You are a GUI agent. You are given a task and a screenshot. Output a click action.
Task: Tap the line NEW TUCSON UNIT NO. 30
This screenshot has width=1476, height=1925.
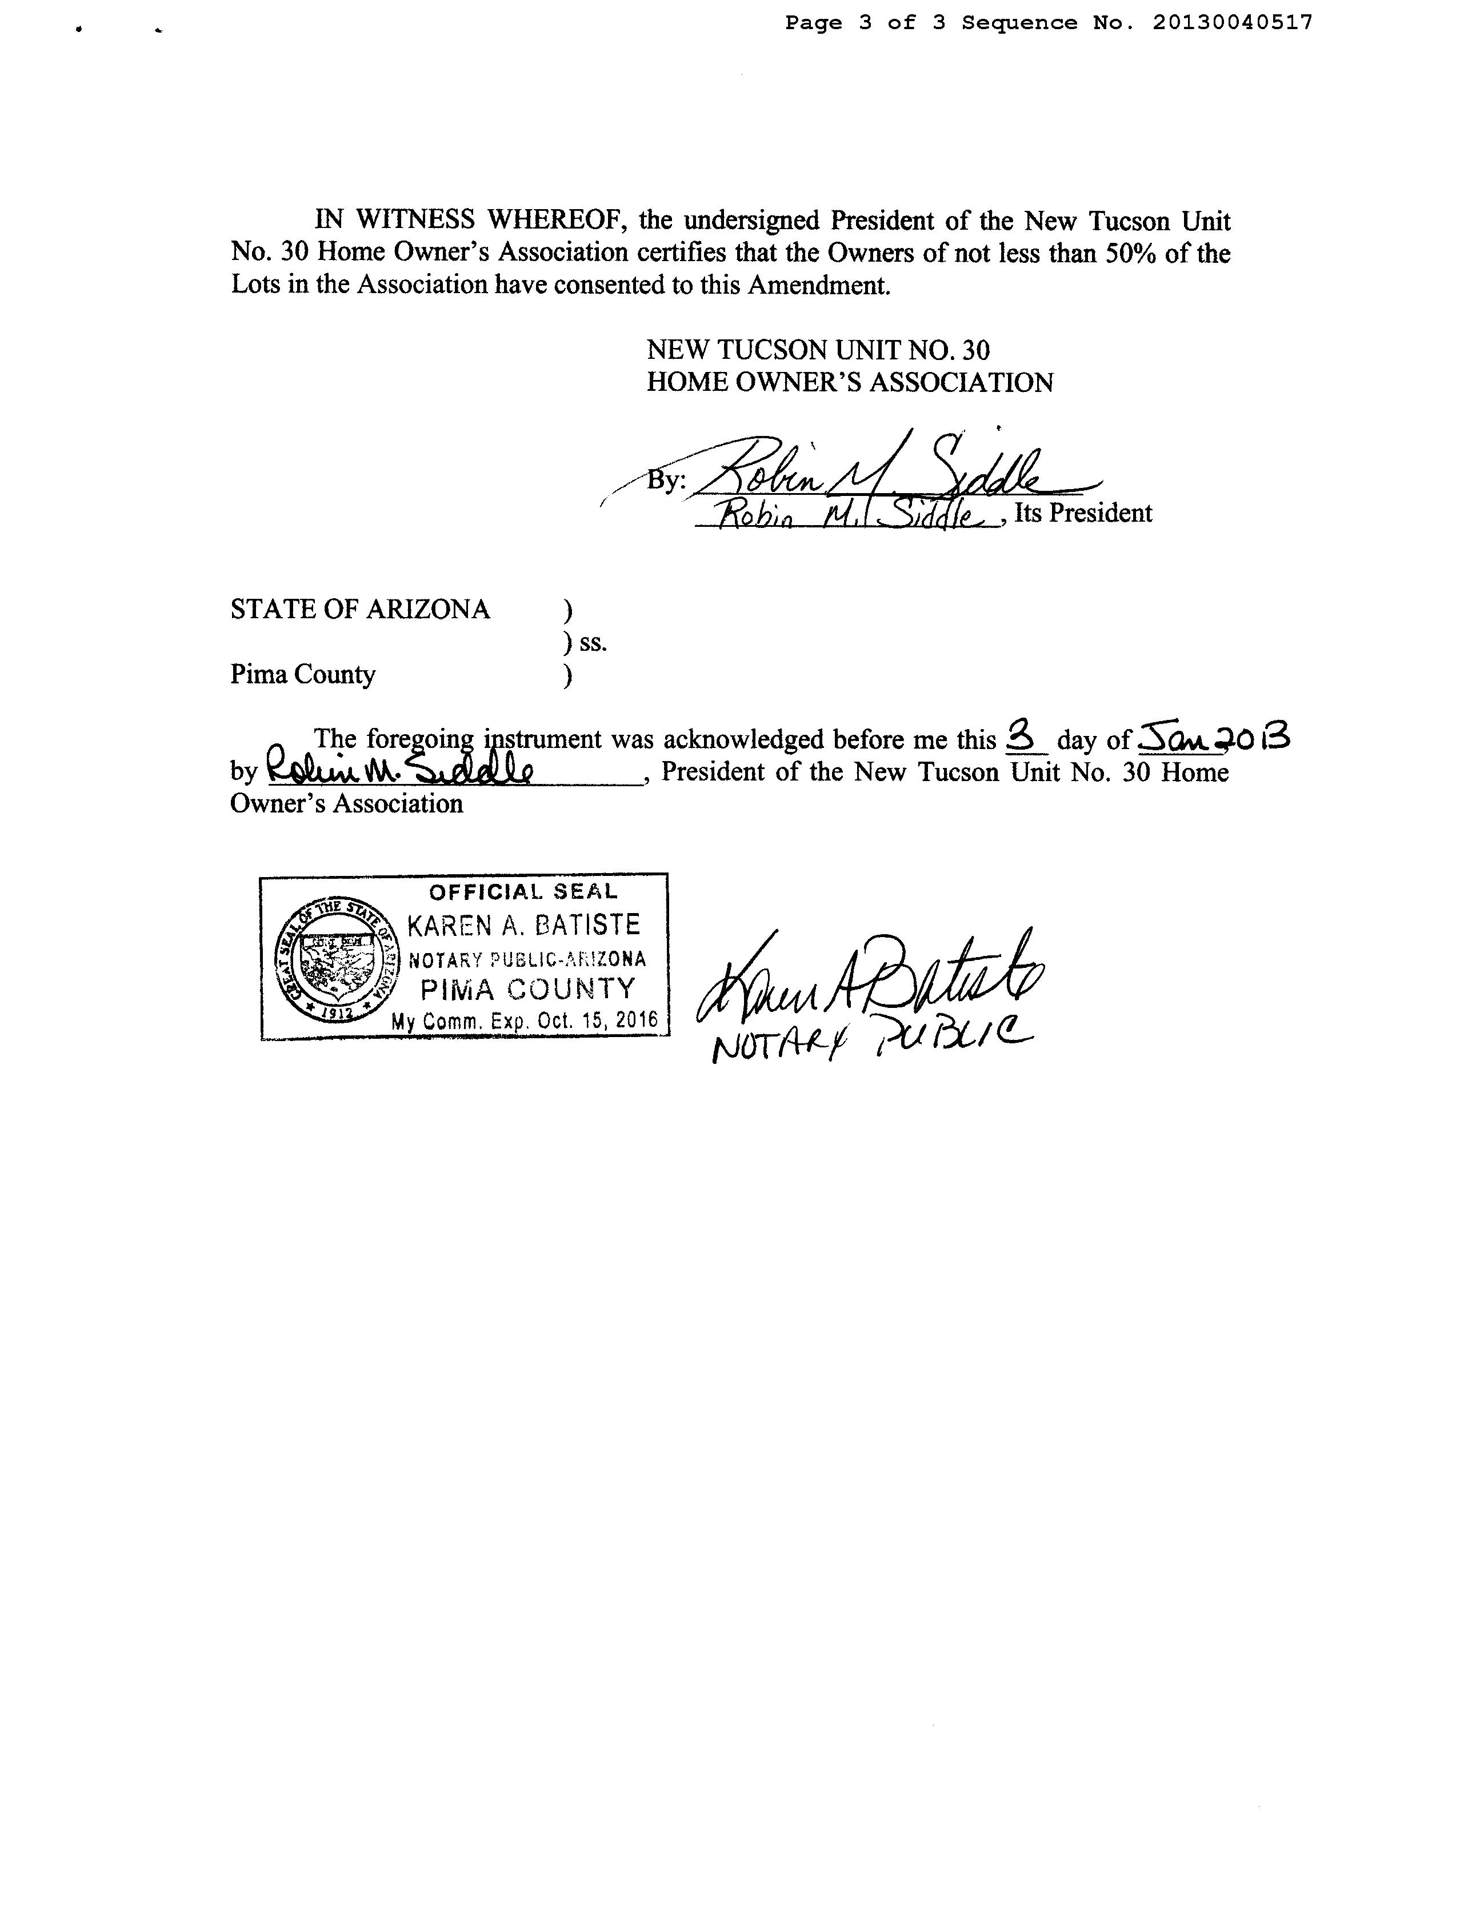coord(818,351)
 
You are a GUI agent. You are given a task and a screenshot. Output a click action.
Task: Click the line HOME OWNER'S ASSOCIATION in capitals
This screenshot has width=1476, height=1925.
coord(850,382)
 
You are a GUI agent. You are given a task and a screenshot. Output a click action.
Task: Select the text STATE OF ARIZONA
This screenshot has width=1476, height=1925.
coord(360,609)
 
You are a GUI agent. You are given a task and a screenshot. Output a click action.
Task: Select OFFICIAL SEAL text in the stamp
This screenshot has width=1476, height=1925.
coord(523,892)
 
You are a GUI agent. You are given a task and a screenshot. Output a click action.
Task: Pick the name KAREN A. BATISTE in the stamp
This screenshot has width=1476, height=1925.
coord(523,925)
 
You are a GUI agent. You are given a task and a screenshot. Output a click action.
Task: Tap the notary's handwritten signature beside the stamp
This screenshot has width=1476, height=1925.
coord(870,979)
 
